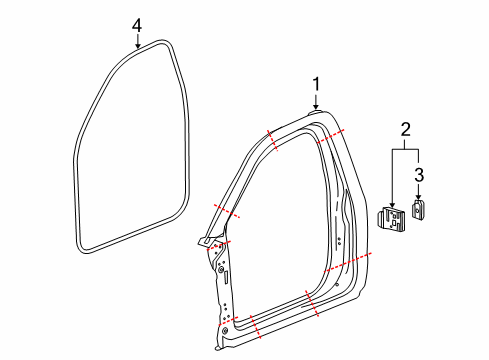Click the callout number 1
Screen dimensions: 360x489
point(316,84)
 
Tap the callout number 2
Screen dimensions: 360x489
point(405,129)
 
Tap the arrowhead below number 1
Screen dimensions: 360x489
point(316,108)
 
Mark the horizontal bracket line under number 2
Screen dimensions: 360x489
point(405,151)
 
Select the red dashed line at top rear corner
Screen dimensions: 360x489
point(331,137)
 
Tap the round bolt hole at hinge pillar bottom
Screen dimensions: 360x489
point(225,329)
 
